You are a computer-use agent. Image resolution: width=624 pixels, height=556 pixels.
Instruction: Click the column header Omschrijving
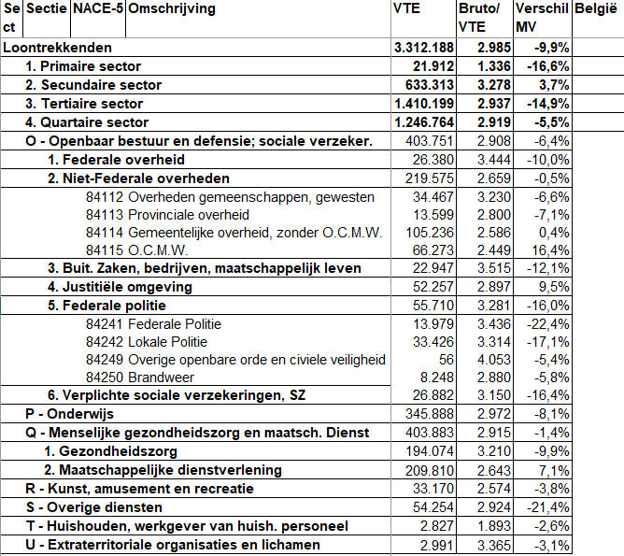pos(170,9)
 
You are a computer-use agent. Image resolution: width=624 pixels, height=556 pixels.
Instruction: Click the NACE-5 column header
pos(97,9)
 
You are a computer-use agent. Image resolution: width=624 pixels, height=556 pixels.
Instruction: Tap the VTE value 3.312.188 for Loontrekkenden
pos(423,48)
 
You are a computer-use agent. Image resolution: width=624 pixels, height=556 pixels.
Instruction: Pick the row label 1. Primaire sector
pos(83,66)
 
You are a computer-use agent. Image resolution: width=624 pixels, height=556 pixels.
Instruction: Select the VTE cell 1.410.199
pos(424,104)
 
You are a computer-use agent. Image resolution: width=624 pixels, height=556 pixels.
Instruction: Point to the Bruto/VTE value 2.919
pos(492,122)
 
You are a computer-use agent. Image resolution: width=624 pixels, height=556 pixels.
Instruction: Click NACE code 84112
pos(104,197)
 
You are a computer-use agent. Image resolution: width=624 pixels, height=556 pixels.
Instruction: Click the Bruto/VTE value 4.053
pos(492,360)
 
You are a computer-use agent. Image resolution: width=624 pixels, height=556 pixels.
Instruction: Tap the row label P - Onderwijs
pos(68,414)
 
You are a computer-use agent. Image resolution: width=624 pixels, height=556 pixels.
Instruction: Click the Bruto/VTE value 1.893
pos(492,526)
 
